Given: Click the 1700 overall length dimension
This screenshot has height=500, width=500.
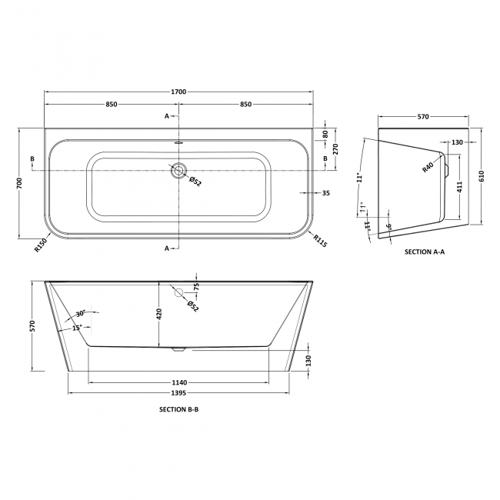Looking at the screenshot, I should [178, 92].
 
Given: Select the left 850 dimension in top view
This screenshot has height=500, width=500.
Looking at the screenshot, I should [112, 105].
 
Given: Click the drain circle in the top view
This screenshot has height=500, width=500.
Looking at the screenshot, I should [178, 171].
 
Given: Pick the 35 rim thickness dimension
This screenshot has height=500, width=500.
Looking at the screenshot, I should [326, 193].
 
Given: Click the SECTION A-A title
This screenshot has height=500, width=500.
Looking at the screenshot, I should [424, 252].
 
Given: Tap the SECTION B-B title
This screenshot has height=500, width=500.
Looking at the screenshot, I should [178, 409].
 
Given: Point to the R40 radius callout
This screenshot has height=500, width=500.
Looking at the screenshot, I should [428, 166].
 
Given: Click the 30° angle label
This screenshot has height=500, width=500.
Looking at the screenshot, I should [82, 314].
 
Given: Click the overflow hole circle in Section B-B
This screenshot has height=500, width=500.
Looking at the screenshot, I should [178, 292].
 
